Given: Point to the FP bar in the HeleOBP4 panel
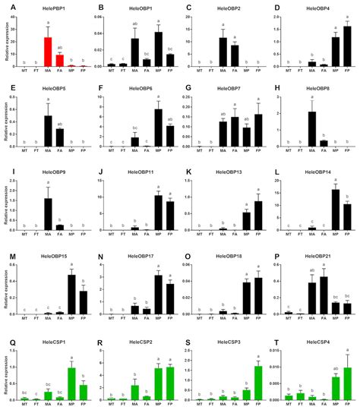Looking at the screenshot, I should tap(347, 47).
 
